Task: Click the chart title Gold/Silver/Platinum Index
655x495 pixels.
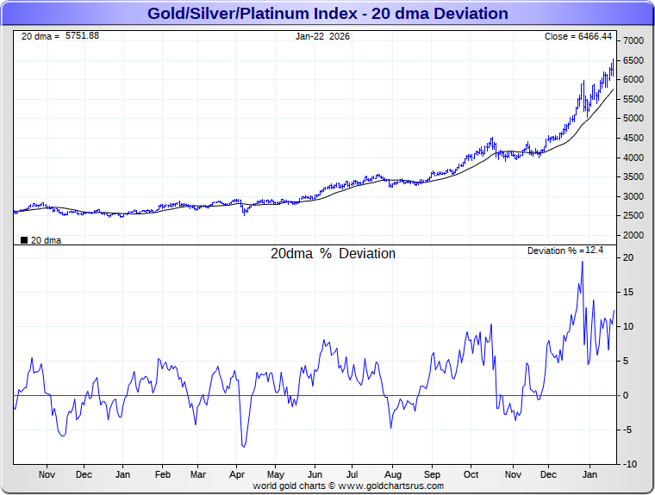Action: [x=327, y=14]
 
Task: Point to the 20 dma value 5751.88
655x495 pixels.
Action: [x=83, y=35]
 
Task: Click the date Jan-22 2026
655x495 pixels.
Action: [x=323, y=36]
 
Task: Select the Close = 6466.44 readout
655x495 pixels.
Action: [x=578, y=36]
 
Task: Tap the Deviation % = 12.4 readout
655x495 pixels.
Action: [x=566, y=251]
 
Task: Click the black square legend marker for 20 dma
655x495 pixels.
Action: [x=23, y=240]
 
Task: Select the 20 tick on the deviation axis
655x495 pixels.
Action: [x=629, y=258]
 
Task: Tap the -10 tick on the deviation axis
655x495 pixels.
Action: [x=630, y=465]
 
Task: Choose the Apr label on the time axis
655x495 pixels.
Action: [x=238, y=474]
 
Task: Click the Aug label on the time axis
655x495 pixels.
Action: [x=392, y=474]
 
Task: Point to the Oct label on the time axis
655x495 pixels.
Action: [x=471, y=474]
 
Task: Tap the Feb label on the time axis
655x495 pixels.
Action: [x=162, y=474]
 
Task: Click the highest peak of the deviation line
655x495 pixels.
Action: [x=582, y=262]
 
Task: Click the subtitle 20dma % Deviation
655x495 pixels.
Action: [x=334, y=254]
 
